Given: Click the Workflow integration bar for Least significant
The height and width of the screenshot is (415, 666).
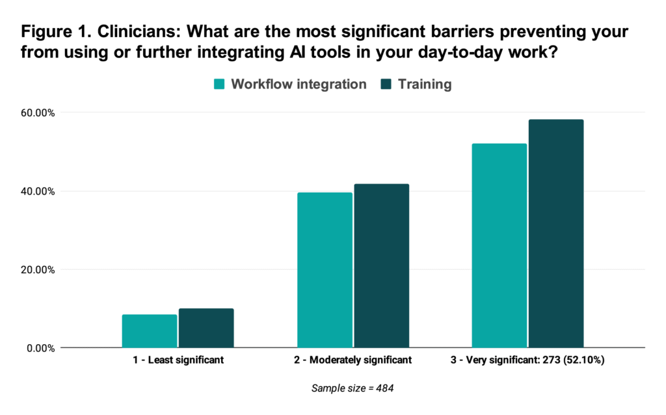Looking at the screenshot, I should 150,331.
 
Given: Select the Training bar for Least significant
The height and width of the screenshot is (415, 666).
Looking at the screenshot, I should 206,328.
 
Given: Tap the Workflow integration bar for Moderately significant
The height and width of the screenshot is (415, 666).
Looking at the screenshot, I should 325,270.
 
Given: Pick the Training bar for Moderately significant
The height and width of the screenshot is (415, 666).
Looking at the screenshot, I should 381,266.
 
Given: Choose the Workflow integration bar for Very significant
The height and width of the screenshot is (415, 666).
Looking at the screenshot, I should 499,246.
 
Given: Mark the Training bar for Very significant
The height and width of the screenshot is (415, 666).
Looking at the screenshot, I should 556,234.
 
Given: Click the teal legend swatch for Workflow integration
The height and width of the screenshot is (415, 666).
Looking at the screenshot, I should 219,84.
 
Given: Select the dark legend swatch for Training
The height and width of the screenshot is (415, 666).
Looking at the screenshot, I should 386,84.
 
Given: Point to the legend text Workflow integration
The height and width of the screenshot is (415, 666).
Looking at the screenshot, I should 299,84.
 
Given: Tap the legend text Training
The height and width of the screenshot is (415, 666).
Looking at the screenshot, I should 425,84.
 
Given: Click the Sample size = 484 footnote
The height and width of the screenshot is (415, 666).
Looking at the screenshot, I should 352,388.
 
